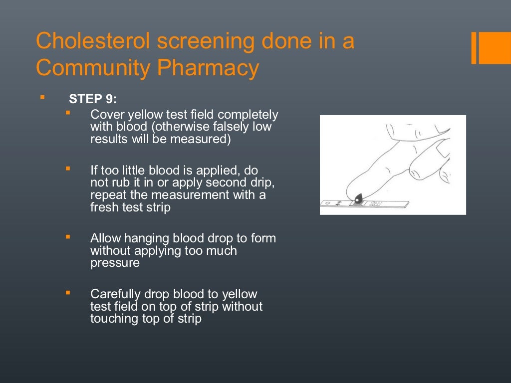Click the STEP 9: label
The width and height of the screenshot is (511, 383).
pyautogui.click(x=93, y=99)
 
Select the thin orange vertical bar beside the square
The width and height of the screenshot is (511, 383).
pyautogui.click(x=474, y=48)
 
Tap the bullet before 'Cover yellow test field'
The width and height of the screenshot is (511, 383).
pyautogui.click(x=68, y=113)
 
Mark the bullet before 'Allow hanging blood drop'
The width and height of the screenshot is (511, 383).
pyautogui.click(x=68, y=237)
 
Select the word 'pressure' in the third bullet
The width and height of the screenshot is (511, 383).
pyautogui.click(x=115, y=263)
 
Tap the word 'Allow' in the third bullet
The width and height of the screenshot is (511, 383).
pyautogui.click(x=105, y=238)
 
